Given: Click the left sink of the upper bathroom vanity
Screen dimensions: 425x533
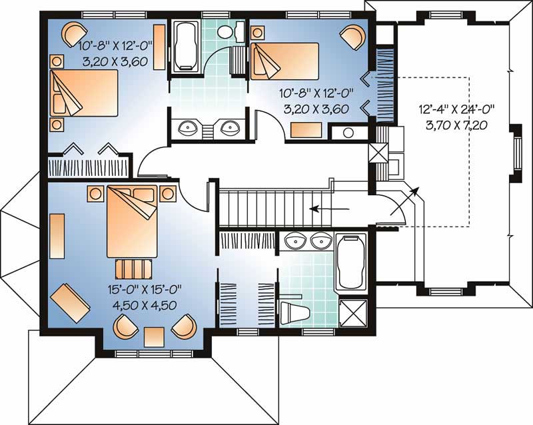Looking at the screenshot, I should click(x=189, y=127).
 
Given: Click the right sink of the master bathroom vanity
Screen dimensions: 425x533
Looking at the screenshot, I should click(x=321, y=240).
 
